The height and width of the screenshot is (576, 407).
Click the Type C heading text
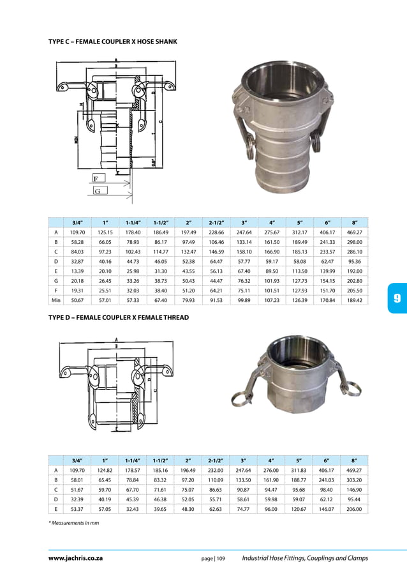(112, 42)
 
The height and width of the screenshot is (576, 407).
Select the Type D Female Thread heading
(118, 317)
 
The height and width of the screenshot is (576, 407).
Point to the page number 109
(213, 559)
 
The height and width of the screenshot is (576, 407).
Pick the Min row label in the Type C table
(56, 299)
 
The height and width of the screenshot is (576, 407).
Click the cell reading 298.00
(354, 243)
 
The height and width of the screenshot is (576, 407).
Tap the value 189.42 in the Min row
(354, 299)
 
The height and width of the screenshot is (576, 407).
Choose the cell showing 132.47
(188, 254)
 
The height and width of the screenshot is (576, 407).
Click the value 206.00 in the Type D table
(354, 510)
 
